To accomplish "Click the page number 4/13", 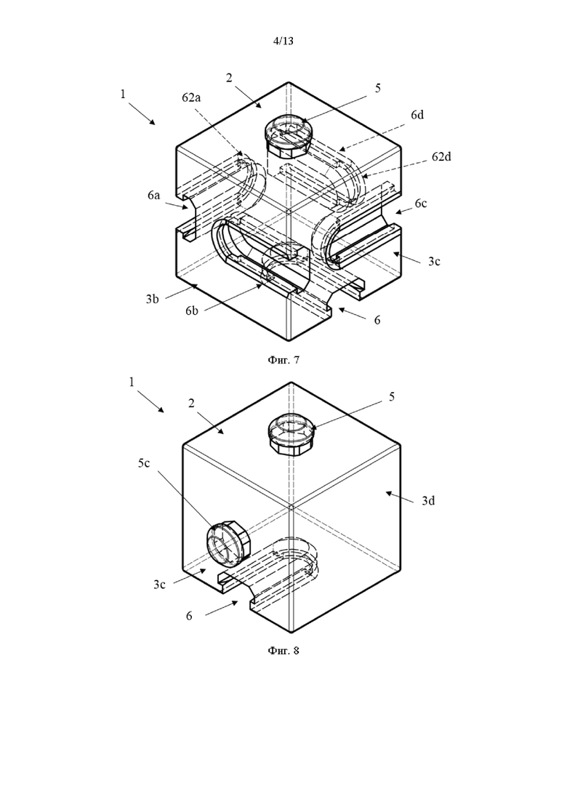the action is [283, 41].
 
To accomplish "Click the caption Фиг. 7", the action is [283, 360].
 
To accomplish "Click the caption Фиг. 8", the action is [283, 651].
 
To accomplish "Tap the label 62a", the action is [191, 97].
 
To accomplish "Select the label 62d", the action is [441, 156].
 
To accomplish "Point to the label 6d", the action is [417, 115].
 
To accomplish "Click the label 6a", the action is [153, 195].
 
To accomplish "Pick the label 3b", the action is [152, 300].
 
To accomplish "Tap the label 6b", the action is [192, 310].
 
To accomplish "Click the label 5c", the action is [144, 463].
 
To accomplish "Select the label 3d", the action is [428, 501].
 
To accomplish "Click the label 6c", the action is [420, 204].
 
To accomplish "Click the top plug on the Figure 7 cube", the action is [286, 137].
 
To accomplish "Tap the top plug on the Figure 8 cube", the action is [290, 434].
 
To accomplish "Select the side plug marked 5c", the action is [228, 543].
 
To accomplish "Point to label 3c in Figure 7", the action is [434, 261].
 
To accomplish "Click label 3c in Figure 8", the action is [159, 585].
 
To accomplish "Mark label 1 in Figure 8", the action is [132, 382].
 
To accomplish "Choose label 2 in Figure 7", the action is [229, 78].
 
